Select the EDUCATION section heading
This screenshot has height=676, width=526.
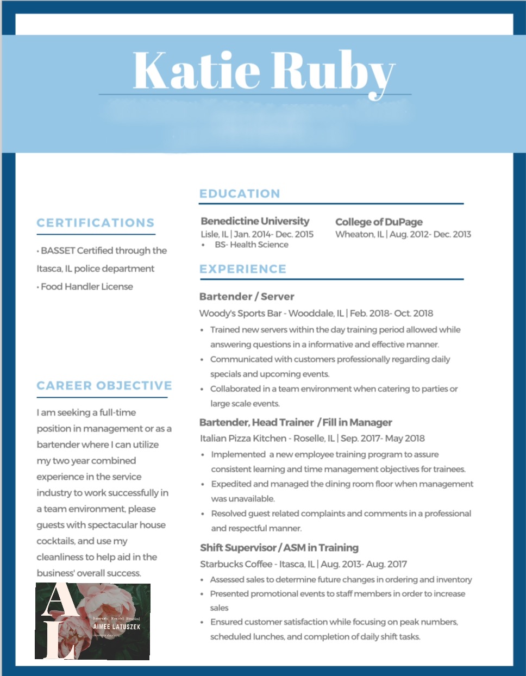(240, 193)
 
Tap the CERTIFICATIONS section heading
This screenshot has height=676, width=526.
(96, 223)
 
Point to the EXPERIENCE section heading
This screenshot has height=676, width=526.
(243, 269)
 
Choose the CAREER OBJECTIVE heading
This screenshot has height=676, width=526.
(104, 386)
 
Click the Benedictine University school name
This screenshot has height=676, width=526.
(255, 221)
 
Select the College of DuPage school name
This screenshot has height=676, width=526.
(379, 222)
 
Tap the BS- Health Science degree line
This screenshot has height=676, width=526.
(252, 245)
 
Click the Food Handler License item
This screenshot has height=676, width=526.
(87, 286)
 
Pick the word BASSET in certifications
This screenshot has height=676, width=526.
(58, 251)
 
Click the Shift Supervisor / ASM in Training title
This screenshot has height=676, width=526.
(279, 548)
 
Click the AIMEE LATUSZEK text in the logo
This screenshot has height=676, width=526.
(116, 627)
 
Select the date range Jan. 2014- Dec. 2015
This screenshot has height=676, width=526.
(273, 234)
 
